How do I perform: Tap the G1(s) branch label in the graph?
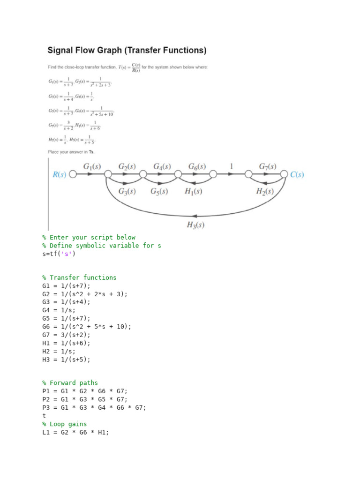tap(92, 166)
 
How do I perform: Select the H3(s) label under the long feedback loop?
tap(195, 225)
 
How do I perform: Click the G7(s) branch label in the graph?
tap(267, 166)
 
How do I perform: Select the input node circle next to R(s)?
tap(73, 175)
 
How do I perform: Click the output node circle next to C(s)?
tap(284, 175)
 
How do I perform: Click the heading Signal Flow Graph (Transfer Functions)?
tap(127, 50)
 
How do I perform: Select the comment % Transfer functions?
tap(79, 277)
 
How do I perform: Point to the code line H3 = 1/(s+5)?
tap(66, 360)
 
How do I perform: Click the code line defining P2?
tap(84, 399)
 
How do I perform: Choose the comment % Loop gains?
tap(64, 424)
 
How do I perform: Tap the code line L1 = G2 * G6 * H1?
tap(75, 432)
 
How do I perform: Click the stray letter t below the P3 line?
tap(44, 416)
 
